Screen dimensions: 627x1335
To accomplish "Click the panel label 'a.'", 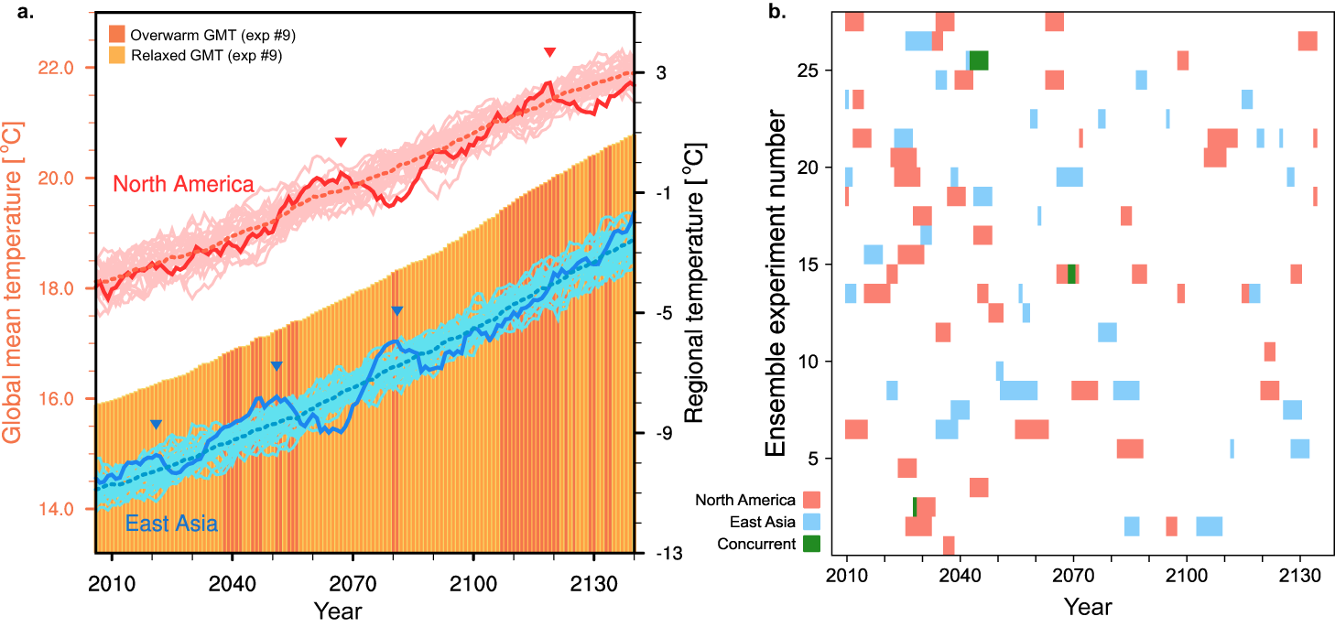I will pos(16,11).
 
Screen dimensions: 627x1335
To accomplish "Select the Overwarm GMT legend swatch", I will pos(116,35).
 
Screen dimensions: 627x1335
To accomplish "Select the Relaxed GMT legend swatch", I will pos(116,56).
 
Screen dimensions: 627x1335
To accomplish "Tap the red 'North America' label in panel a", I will pos(182,184).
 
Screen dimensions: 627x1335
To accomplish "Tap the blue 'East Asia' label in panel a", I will pos(171,524).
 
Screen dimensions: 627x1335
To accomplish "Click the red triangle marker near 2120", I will pos(549,53).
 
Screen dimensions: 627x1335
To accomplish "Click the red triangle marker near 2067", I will pos(341,143).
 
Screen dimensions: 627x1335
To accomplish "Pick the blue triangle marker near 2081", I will pos(396,311).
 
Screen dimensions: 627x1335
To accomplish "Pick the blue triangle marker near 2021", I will pos(156,424).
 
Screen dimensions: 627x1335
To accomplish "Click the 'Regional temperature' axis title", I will pos(694,281).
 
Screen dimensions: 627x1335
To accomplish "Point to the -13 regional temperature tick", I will pos(671,554).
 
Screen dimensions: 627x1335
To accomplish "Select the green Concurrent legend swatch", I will pos(810,544).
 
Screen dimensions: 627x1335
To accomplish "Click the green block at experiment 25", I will pos(979,60).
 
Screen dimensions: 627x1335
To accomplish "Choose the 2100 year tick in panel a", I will pos(473,582).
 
